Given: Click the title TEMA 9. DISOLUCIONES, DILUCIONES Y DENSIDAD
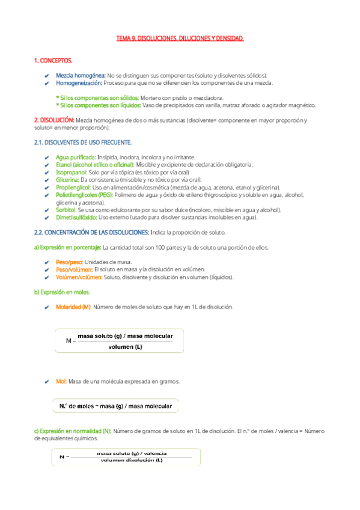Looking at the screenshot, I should click(x=180, y=38).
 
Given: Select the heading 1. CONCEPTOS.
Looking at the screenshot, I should click(x=53, y=61).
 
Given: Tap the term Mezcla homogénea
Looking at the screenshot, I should click(x=81, y=75).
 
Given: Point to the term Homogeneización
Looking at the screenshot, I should click(x=79, y=82).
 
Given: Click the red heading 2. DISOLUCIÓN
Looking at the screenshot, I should click(x=54, y=120).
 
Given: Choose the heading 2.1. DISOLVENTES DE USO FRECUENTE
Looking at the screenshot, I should click(x=83, y=142).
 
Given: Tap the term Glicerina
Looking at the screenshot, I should click(x=67, y=179).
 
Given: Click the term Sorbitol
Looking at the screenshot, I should click(x=67, y=210).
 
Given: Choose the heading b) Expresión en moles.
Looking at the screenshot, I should click(x=63, y=292).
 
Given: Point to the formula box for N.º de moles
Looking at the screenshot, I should click(x=115, y=407).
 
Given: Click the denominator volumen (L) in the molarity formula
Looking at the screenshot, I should click(x=125, y=346).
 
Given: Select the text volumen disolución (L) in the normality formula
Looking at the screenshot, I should click(x=132, y=460).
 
